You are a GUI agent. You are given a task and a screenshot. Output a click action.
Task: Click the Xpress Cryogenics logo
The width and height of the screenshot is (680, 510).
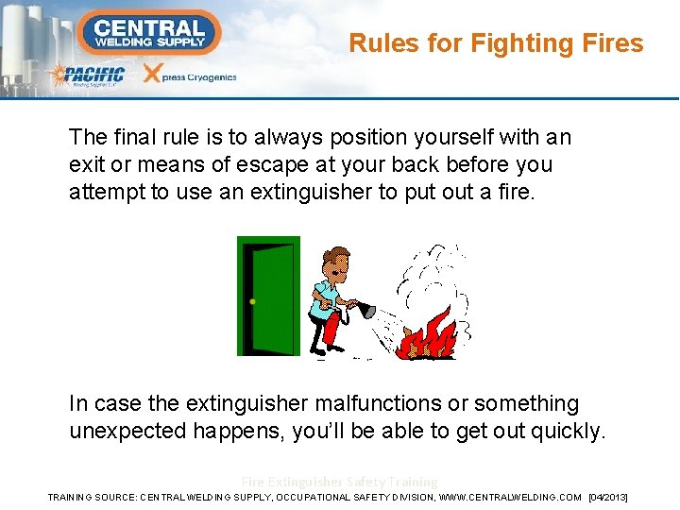click(190, 76)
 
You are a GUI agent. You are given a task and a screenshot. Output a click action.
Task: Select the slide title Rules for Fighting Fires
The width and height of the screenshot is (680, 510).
click(496, 43)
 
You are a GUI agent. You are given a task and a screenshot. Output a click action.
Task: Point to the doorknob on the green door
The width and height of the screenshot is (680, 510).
click(252, 302)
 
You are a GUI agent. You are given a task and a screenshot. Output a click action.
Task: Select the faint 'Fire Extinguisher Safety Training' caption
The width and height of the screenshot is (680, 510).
click(339, 482)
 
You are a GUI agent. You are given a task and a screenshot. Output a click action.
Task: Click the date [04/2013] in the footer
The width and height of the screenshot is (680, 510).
click(607, 497)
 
